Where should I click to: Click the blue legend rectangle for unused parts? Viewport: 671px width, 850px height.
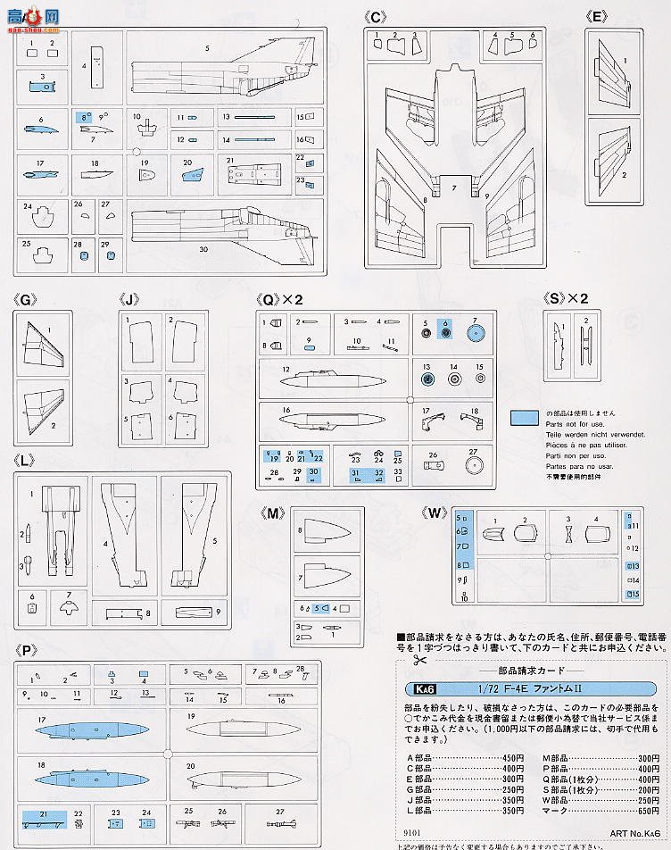click(x=524, y=419)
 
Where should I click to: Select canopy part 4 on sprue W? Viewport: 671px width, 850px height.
click(x=595, y=534)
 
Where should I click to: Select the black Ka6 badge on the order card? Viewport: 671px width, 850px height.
click(x=418, y=688)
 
